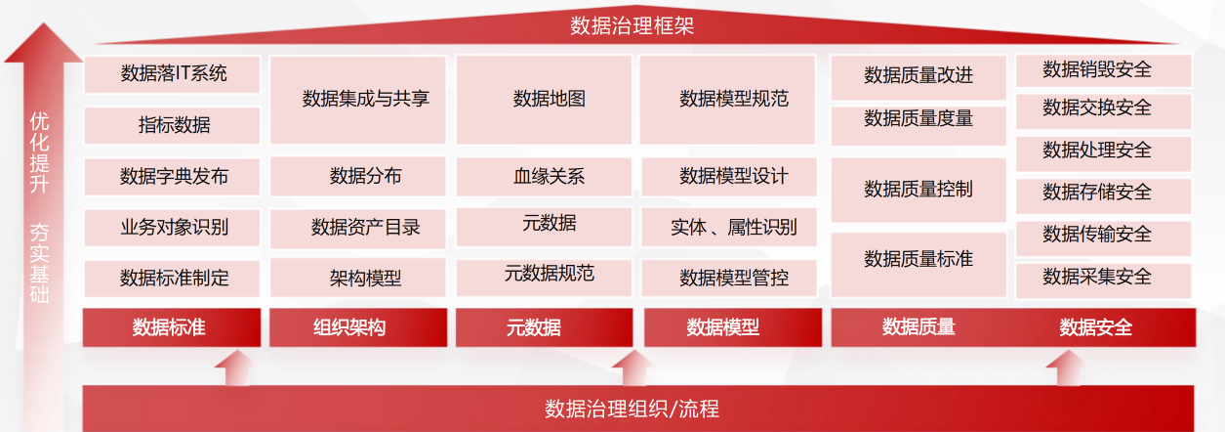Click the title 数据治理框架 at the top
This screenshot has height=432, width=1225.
(632, 25)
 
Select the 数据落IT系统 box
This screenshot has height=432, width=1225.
(172, 74)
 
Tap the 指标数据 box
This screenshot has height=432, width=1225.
(172, 125)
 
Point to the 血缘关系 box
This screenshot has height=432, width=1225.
(544, 177)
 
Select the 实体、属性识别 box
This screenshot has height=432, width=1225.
(729, 227)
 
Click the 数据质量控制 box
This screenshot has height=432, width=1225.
(919, 190)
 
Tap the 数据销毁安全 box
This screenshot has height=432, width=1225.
(1104, 70)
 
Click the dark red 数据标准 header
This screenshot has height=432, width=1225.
(172, 327)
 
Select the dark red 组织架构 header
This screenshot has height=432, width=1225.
(358, 327)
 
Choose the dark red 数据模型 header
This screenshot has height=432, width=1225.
(733, 327)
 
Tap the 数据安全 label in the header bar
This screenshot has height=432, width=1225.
(1095, 327)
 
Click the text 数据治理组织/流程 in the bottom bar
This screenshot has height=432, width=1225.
(632, 409)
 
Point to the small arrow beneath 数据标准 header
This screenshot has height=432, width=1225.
(237, 367)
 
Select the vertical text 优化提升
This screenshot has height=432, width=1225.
(39, 153)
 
